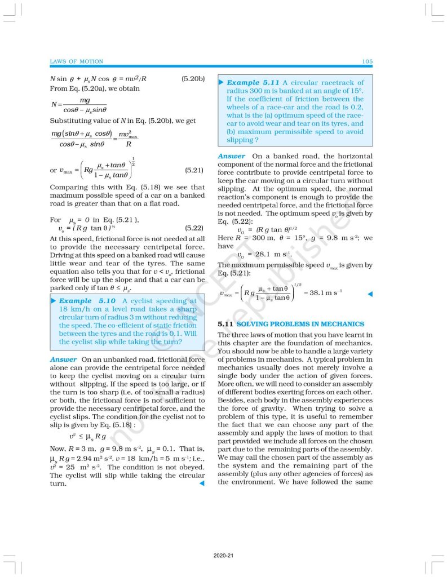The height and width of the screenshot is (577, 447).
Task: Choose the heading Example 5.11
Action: [x=251, y=82]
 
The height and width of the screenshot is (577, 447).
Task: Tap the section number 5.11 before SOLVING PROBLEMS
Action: [x=225, y=324]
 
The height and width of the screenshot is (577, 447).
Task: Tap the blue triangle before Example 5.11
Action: [x=221, y=82]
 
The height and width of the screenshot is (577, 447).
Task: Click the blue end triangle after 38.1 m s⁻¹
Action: [x=370, y=294]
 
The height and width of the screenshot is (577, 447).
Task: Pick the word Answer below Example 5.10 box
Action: [x=63, y=359]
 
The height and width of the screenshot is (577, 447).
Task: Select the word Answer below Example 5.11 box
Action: [x=231, y=156]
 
